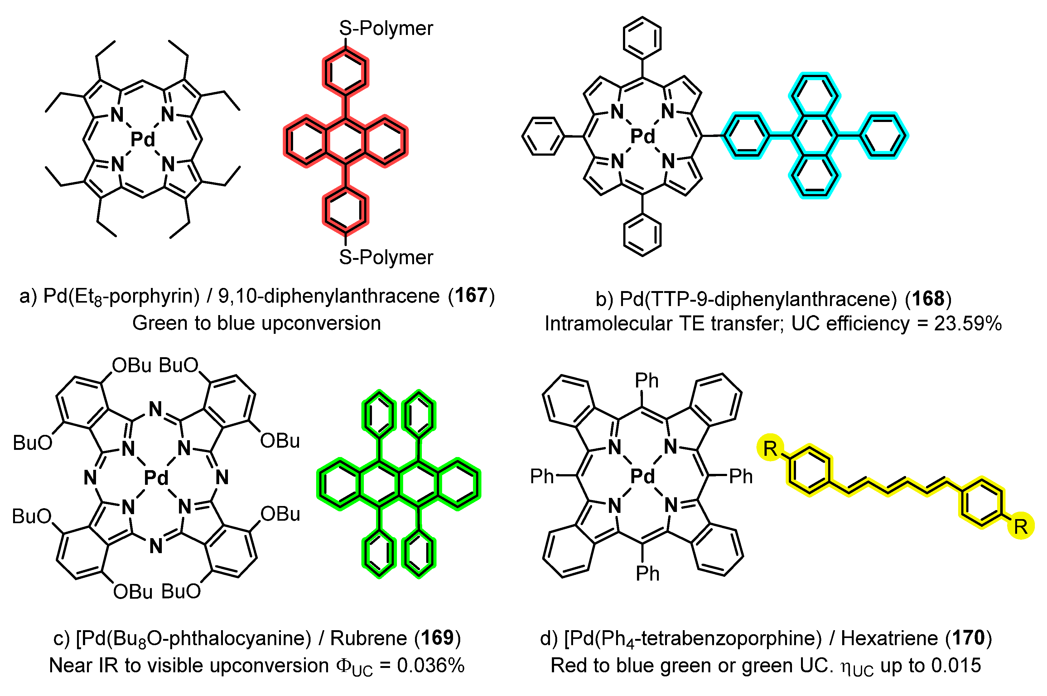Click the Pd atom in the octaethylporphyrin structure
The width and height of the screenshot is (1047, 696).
(143, 139)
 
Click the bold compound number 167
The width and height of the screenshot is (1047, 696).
(471, 296)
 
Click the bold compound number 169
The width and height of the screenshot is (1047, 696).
(437, 638)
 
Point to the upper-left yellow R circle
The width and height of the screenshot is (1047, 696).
(771, 449)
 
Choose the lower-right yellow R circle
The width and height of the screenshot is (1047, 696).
(1021, 526)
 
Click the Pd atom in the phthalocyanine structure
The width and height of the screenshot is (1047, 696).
(156, 478)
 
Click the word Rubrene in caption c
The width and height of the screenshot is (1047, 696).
(368, 638)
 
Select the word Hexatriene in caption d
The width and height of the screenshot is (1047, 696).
(890, 638)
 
